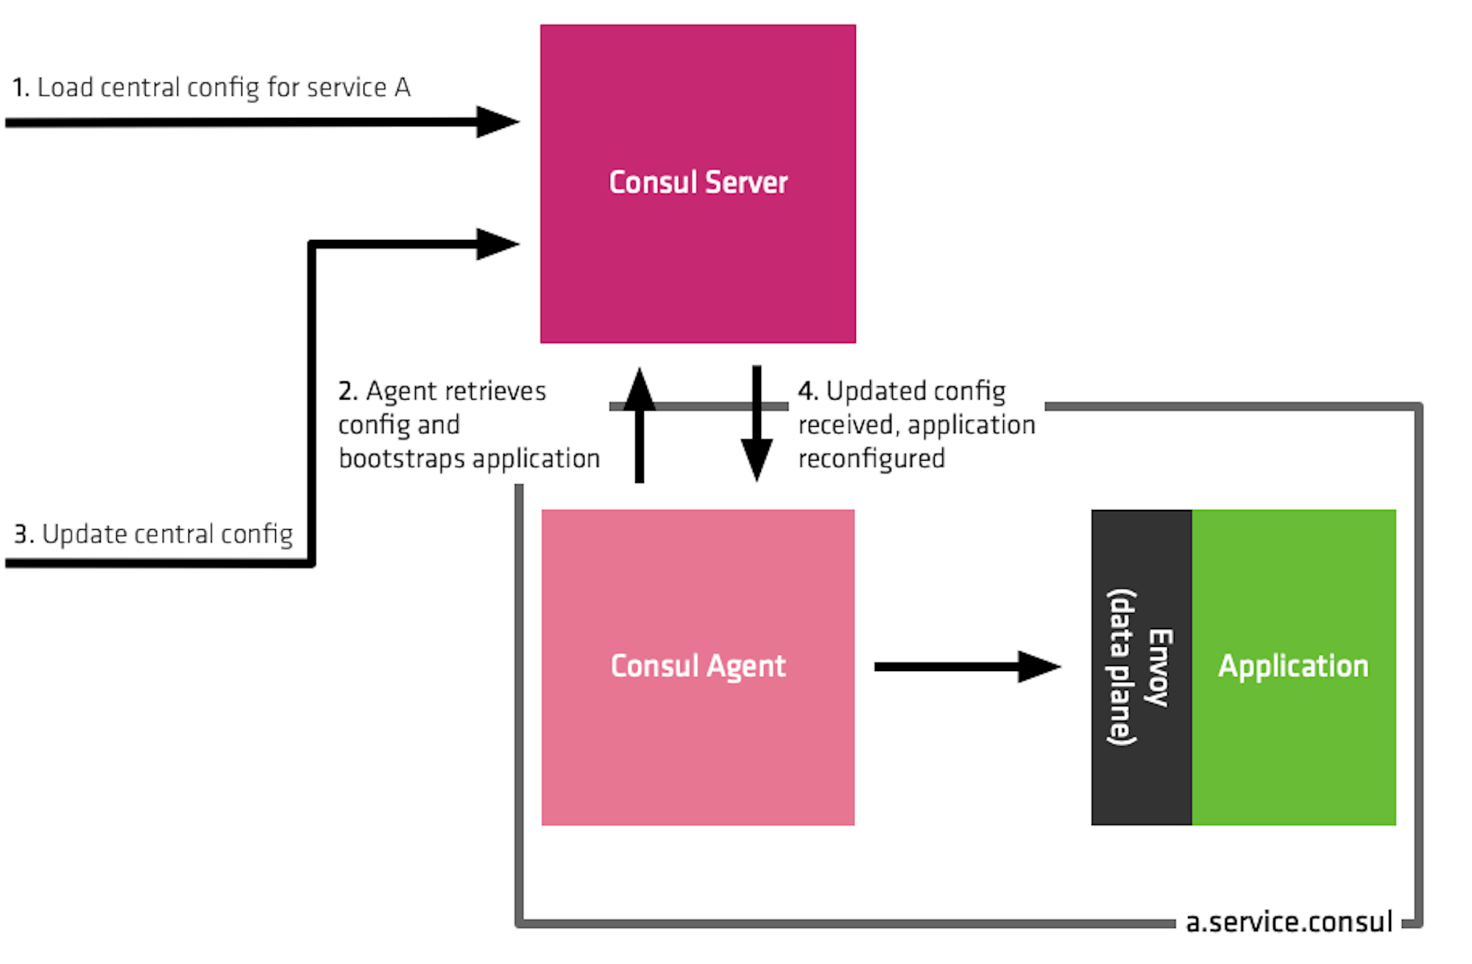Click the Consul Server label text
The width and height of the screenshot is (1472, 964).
698,182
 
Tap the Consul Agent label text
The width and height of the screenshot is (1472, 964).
698,666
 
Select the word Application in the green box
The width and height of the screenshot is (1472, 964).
1293,666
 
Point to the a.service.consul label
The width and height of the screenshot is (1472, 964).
1289,922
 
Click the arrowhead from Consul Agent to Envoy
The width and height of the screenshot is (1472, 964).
1039,667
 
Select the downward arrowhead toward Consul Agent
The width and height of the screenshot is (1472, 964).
757,459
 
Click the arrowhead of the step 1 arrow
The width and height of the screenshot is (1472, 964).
498,122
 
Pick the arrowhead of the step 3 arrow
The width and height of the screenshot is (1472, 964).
498,244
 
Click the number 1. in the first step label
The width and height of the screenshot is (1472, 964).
21,88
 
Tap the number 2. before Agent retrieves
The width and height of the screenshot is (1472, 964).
347,391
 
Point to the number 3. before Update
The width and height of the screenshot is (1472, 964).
24,534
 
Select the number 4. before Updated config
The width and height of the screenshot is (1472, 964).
807,391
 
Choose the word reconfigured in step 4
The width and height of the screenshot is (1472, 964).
871,459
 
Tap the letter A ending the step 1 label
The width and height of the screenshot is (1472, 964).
402,88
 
